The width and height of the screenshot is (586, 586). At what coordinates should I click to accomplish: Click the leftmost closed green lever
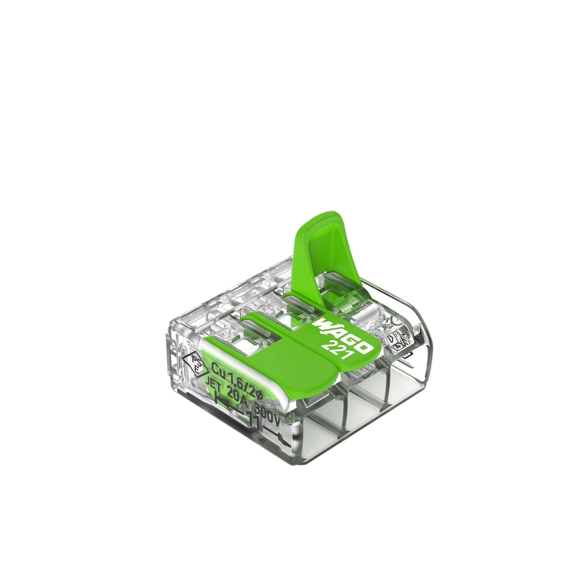tap(267, 361)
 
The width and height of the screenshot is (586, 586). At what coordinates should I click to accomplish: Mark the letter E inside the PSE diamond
tap(197, 369)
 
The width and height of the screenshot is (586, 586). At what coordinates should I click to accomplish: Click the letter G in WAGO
tap(352, 339)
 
